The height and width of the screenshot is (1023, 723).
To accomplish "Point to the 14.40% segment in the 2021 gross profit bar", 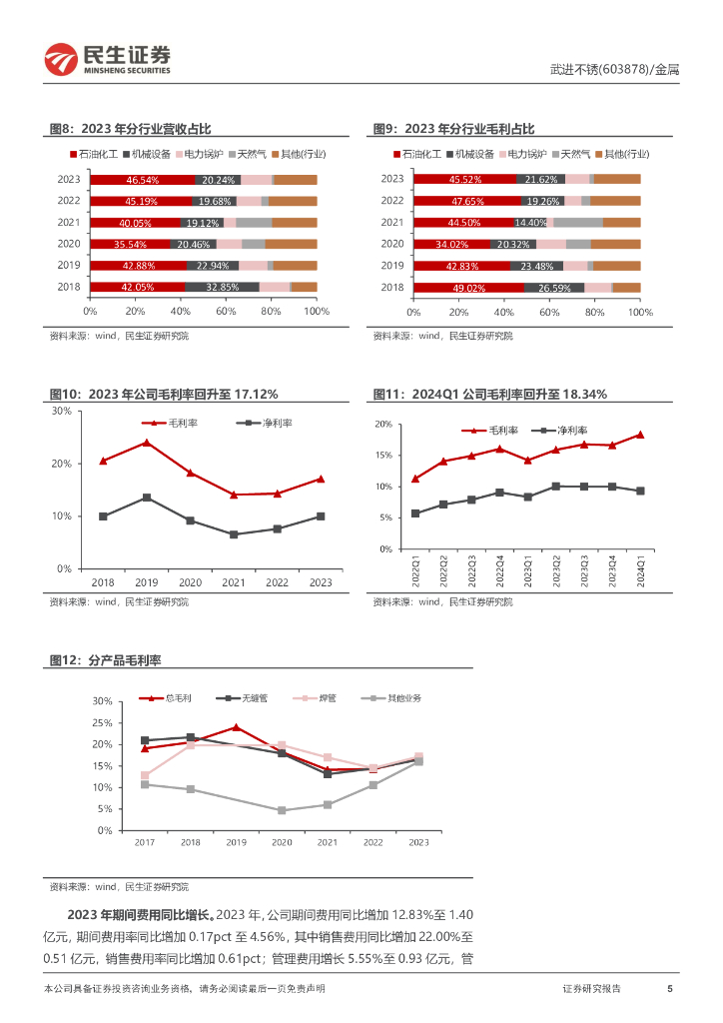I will [x=531, y=223].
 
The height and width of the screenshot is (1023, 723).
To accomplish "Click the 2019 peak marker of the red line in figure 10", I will [x=147, y=442].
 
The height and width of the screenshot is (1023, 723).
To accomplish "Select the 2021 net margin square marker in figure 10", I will [x=234, y=534].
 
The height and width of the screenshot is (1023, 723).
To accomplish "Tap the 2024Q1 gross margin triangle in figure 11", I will [x=640, y=435].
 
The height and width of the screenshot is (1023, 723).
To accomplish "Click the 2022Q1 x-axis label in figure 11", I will [x=415, y=573].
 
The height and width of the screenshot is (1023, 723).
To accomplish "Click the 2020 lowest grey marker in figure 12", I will [x=282, y=810].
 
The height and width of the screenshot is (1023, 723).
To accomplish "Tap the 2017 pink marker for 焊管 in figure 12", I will [x=145, y=775].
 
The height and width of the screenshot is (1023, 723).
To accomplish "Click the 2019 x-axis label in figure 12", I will [x=236, y=843].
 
